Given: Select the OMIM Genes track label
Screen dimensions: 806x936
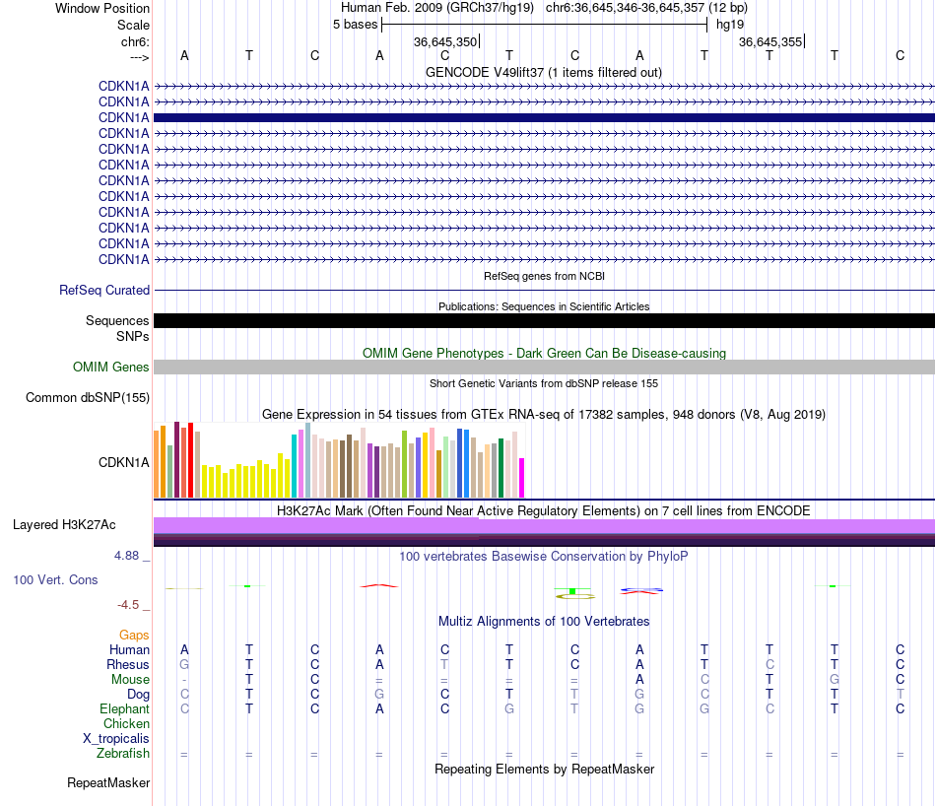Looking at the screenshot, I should click(x=111, y=368).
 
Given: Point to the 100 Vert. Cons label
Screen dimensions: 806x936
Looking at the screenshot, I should click(x=55, y=580).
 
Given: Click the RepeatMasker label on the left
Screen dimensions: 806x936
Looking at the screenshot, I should click(x=108, y=783).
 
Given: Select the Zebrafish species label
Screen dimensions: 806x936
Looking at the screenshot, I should click(x=123, y=754).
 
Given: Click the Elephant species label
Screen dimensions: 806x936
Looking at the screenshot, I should click(x=124, y=709).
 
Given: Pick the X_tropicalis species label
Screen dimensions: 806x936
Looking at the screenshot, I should click(x=116, y=739).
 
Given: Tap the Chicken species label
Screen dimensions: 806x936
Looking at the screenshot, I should click(x=126, y=724).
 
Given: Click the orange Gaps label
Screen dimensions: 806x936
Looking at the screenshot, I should click(x=134, y=636).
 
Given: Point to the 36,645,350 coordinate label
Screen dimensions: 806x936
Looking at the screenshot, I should click(x=445, y=42).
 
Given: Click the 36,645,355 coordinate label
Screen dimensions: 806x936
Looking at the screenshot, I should click(x=770, y=42).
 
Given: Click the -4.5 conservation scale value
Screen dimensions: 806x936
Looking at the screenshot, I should click(x=129, y=605).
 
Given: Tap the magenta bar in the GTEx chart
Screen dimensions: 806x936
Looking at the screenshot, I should click(x=522, y=478).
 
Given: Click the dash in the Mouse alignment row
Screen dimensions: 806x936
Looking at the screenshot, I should click(x=184, y=680).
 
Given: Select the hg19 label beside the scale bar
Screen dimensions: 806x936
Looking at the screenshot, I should click(x=730, y=24).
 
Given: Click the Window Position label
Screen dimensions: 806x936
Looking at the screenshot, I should click(x=102, y=8).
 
